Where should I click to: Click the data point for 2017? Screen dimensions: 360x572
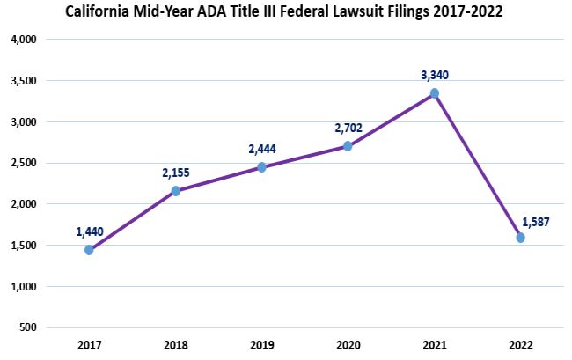coord(89,250)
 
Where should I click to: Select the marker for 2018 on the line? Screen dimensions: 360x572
coord(175,191)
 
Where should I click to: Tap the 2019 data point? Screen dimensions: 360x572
coord(262,167)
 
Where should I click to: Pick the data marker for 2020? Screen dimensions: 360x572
coord(348,146)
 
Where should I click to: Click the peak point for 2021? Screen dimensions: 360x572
coord(434,93)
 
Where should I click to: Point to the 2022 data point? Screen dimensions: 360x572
coord(520,238)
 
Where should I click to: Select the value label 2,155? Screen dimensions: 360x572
coord(175,173)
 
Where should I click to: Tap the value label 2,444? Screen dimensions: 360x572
coord(262,149)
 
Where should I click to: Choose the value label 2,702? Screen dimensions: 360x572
coord(348,128)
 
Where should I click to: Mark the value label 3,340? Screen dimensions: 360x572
coord(435,76)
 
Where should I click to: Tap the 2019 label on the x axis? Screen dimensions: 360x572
coord(261,345)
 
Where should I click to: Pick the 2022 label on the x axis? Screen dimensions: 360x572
coord(520,345)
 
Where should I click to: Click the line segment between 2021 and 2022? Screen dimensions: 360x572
coord(477,165)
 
